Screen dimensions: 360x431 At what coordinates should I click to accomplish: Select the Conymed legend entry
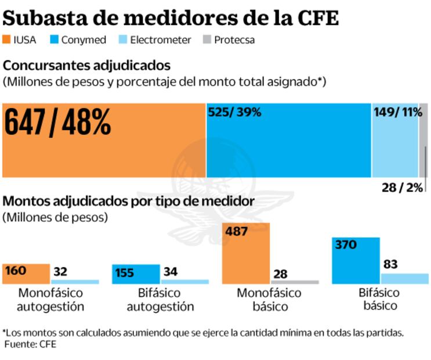(79, 40)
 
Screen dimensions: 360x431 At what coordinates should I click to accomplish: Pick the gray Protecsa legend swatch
(206, 40)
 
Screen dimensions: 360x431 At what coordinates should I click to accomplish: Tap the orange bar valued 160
(26, 273)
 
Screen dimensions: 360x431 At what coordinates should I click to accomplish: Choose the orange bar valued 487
(247, 253)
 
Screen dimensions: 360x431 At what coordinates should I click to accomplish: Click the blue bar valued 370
(356, 260)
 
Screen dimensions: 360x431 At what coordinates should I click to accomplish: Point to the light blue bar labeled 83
(404, 278)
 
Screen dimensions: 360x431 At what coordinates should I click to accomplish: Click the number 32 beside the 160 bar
(60, 272)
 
